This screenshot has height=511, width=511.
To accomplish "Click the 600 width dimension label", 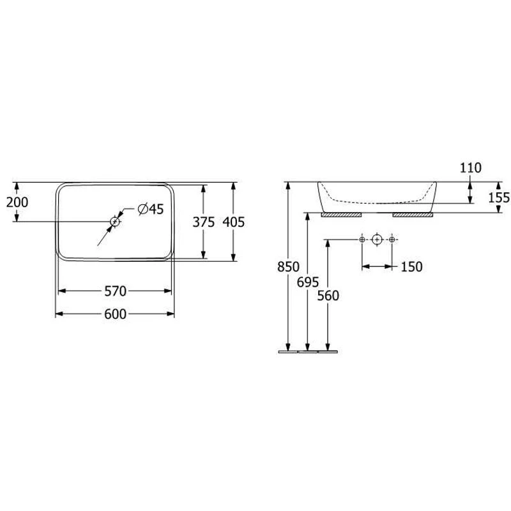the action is click(115, 314).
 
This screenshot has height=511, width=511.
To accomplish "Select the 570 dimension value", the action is click(115, 291).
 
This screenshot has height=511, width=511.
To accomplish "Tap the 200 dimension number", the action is click(17, 202).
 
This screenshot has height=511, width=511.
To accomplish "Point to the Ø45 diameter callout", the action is click(151, 209).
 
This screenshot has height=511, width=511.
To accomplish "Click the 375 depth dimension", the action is click(204, 222).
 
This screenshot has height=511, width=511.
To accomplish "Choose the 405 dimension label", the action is click(233, 222).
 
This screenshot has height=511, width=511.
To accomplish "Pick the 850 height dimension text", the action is click(288, 266).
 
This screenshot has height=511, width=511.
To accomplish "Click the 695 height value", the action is click(308, 282).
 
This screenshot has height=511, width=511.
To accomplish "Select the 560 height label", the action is click(328, 296).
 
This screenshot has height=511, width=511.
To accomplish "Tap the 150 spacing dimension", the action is click(411, 266).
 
